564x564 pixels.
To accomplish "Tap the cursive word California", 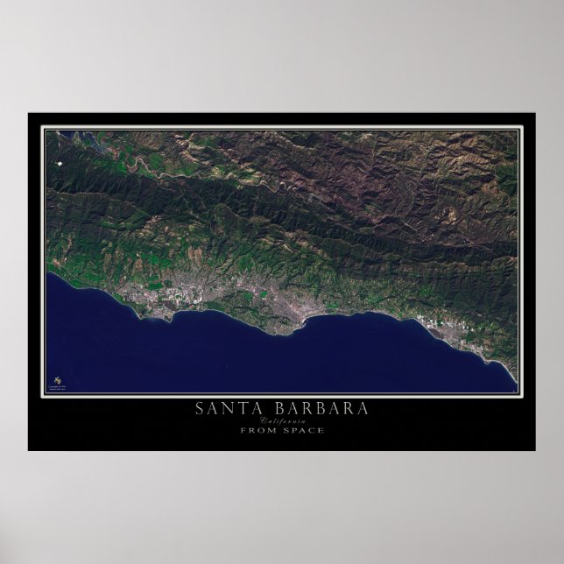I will (281, 420).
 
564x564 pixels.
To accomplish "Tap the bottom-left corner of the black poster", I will (28, 450).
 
